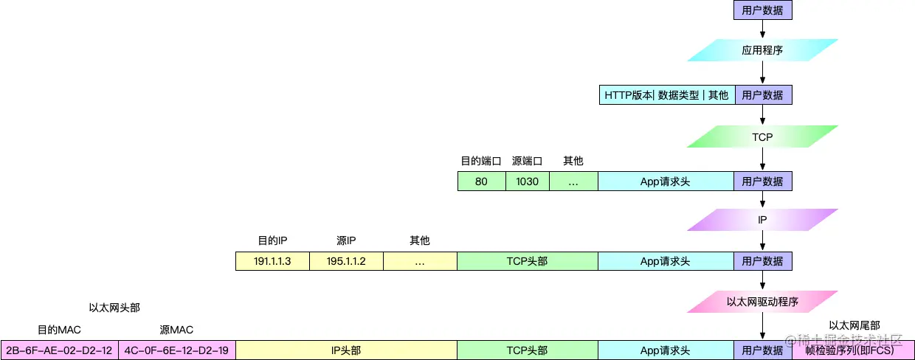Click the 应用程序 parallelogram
[x=762, y=51]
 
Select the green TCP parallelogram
[x=762, y=137]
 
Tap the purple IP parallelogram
[x=762, y=220]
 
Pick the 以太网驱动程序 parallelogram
[x=762, y=302]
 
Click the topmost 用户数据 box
[x=762, y=10]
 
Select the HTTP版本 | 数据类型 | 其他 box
[x=666, y=95]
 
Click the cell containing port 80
[x=481, y=181]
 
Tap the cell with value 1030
[x=527, y=181]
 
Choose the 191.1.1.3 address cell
[x=272, y=261]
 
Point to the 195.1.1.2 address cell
[x=346, y=261]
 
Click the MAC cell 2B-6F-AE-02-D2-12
[x=59, y=350]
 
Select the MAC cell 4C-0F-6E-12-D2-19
[x=176, y=350]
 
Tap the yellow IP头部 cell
[x=346, y=350]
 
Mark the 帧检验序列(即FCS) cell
[x=853, y=350]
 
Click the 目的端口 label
[x=481, y=161]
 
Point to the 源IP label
[x=346, y=240]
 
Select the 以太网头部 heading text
[x=114, y=308]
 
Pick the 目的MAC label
[x=59, y=330]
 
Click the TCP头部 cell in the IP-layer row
[x=527, y=261]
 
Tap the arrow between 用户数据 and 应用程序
[x=762, y=29]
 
